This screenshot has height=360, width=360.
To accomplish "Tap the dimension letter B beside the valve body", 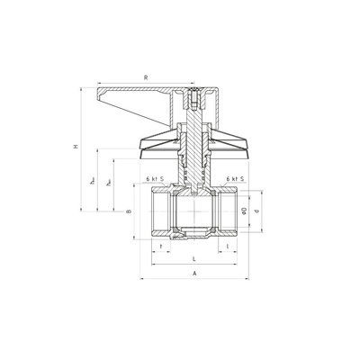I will coord(129,212).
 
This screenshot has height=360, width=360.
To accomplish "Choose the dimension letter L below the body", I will coord(194,257).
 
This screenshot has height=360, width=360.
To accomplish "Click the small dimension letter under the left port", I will coord(160,246).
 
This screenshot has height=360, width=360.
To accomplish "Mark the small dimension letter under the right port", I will coord(229,246).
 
